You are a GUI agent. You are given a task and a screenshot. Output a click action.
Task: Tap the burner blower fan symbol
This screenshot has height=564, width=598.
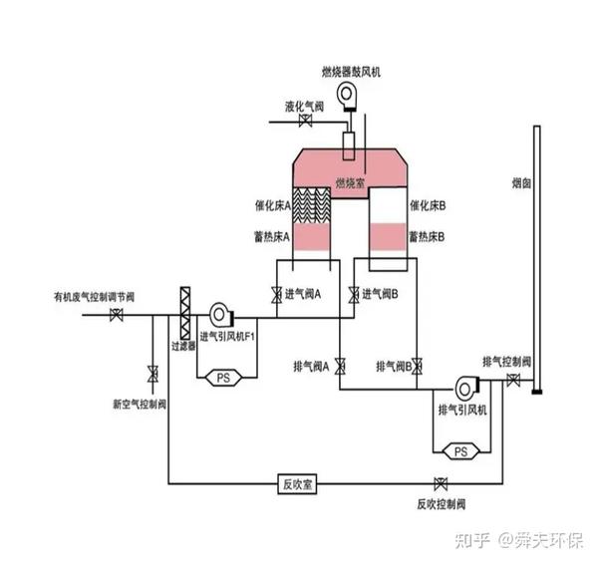click(349, 95)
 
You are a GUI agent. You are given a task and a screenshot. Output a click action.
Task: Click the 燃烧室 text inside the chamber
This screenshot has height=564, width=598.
click(349, 182)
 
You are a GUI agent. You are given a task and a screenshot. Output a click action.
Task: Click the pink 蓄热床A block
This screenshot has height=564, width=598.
click(312, 238)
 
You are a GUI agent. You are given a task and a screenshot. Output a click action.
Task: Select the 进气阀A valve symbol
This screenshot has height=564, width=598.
click(276, 295)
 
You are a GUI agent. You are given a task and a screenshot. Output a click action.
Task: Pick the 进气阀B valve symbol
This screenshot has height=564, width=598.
click(353, 295)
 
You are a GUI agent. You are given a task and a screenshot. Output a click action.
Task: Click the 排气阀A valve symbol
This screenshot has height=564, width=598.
click(340, 365)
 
